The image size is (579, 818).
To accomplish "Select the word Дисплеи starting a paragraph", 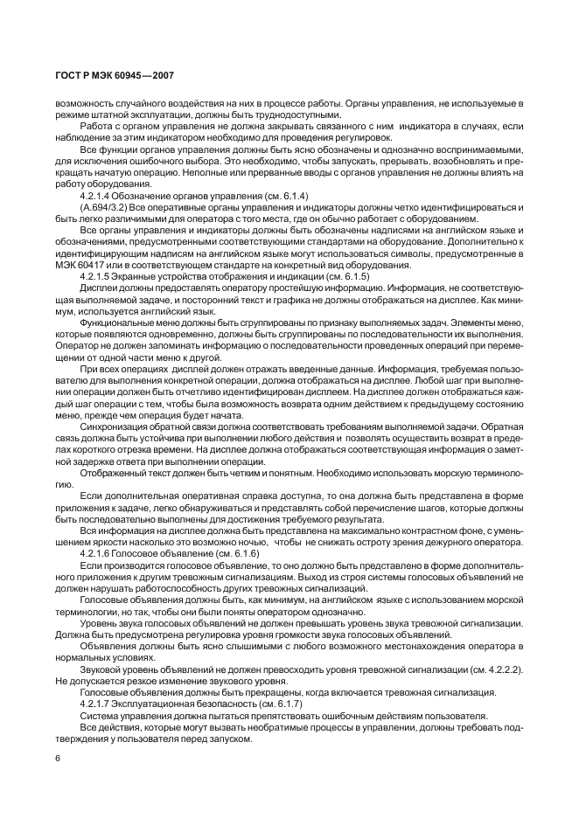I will tap(99, 288).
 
